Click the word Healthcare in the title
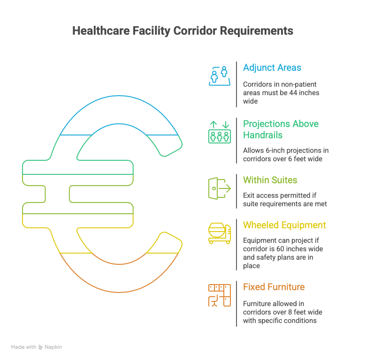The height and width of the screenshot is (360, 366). (x=101, y=31)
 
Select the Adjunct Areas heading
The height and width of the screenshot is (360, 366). (x=272, y=67)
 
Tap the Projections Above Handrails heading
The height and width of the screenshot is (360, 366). (x=281, y=129)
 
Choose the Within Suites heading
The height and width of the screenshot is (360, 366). (x=270, y=180)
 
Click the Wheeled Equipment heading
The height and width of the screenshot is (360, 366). (x=284, y=225)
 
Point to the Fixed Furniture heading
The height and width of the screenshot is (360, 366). (x=274, y=287)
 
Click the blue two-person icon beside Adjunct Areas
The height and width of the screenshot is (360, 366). (x=220, y=76)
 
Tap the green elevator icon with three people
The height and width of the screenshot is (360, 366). (x=220, y=132)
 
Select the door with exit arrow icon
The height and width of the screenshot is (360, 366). (x=220, y=188)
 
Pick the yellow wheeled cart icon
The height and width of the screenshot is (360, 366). (x=220, y=233)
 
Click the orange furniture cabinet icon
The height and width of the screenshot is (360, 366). (x=220, y=295)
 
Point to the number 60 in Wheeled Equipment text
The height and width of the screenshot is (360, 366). (x=280, y=249)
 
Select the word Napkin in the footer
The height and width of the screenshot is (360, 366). (x=53, y=347)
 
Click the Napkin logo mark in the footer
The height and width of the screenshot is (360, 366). (x=41, y=347)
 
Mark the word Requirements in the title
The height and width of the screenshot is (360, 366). (x=257, y=31)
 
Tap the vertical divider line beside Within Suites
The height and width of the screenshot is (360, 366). (x=236, y=191)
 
